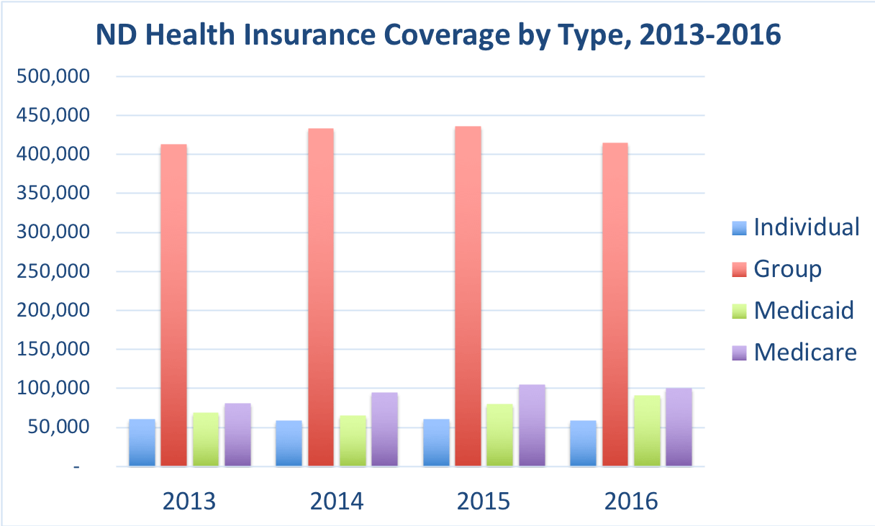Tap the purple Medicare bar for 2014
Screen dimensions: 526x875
coord(384,429)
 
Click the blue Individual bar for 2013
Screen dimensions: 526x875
coord(142,443)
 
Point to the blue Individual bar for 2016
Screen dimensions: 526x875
coord(583,443)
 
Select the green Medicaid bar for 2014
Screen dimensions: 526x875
coord(353,440)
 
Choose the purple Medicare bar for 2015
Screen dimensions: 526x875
coord(532,425)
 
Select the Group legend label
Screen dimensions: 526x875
coord(787,269)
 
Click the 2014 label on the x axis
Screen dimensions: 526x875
coord(337,501)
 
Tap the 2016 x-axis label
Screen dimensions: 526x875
coord(631,501)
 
